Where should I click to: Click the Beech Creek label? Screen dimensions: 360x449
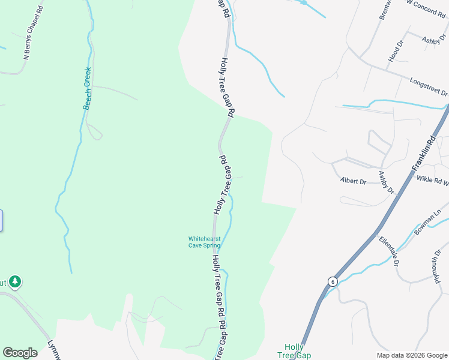click(87, 89)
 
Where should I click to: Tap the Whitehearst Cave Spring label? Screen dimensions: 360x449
click(205, 242)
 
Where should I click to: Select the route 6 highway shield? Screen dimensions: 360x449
click(332, 281)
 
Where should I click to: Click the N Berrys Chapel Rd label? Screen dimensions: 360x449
click(34, 34)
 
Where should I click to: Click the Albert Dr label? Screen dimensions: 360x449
click(353, 181)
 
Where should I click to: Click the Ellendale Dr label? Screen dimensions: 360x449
click(388, 251)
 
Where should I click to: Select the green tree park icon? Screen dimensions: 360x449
click(15, 281)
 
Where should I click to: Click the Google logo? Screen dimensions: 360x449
click(20, 353)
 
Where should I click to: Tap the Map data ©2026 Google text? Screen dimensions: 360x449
click(412, 355)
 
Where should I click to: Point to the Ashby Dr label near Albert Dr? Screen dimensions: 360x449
click(386, 182)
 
